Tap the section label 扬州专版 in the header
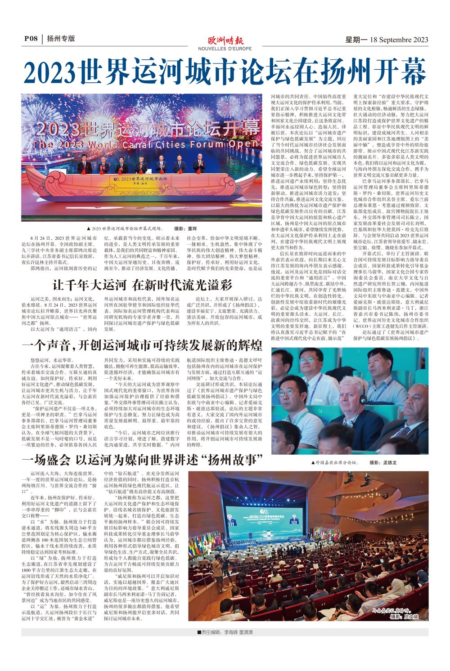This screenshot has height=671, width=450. pos(60,39)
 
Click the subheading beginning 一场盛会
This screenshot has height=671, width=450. pos(142,460)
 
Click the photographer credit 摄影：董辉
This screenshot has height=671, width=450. pos(185,228)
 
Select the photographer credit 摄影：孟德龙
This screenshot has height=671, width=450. pos(383,462)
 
